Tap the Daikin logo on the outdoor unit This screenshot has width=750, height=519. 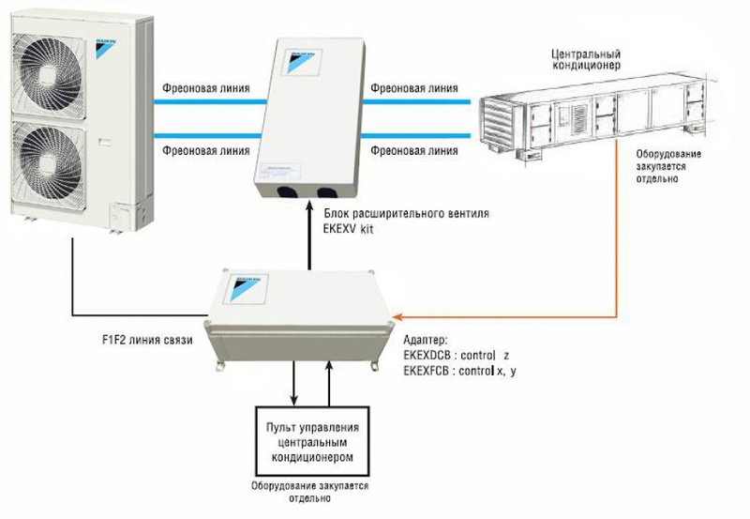(x=106, y=49)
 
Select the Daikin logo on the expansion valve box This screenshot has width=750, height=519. (x=302, y=60)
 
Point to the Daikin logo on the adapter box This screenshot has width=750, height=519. (x=246, y=288)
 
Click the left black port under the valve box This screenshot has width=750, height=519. (x=286, y=192)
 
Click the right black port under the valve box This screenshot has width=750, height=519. (x=327, y=192)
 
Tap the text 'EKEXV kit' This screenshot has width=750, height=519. (x=348, y=229)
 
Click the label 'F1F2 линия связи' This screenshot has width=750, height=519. (x=147, y=340)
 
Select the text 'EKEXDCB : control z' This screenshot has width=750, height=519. (x=457, y=356)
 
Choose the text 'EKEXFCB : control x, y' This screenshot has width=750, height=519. (x=459, y=371)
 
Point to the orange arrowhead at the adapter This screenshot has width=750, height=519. (x=397, y=316)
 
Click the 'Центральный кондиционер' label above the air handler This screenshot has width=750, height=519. (x=586, y=59)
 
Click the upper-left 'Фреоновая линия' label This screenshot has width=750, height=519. (x=205, y=88)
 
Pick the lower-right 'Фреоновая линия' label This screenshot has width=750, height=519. (x=414, y=150)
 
